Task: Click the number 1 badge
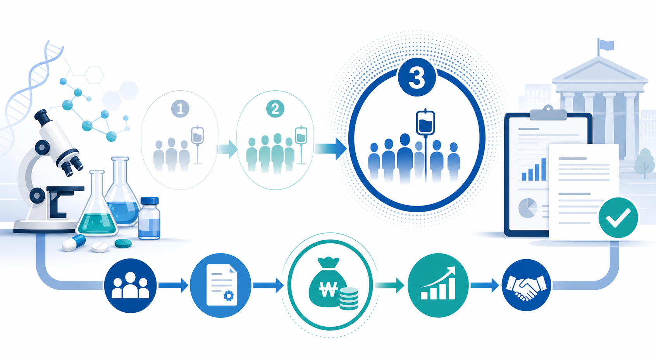[x=180, y=109]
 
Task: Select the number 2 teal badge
[x=275, y=109]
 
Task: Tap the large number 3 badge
[x=417, y=78]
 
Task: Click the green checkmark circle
[x=618, y=217]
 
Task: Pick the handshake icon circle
[x=526, y=285]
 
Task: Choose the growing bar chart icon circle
[x=438, y=285]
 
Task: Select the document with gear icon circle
[x=220, y=285]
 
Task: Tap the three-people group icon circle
[x=130, y=286]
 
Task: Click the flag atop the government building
[x=606, y=45]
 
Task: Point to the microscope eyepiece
[x=41, y=116]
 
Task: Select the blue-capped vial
[x=149, y=218]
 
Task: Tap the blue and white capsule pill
[x=74, y=243]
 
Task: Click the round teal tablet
[x=123, y=243]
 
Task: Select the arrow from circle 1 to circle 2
[x=227, y=149]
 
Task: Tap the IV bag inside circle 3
[x=425, y=123]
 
